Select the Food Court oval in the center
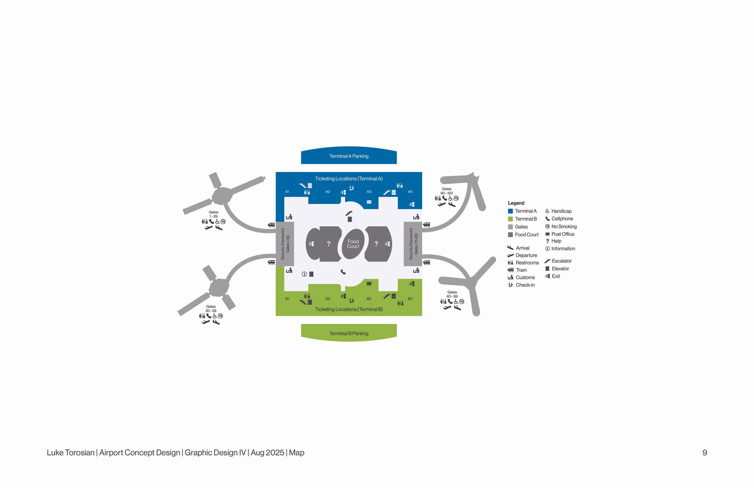point(353,244)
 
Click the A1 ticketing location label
point(287,192)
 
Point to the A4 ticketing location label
point(410,192)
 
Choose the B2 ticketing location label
point(328,299)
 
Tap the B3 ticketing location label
point(369,299)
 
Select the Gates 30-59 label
point(211,309)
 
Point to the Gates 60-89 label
point(452,294)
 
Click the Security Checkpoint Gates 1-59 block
point(285,244)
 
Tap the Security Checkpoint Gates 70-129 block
point(413,244)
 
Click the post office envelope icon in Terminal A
point(369,202)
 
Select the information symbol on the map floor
point(304,274)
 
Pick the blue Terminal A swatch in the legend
point(510,211)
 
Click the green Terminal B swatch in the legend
point(510,219)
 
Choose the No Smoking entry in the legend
point(561,227)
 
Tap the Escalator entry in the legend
point(558,261)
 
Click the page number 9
point(705,452)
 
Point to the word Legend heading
point(516,203)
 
